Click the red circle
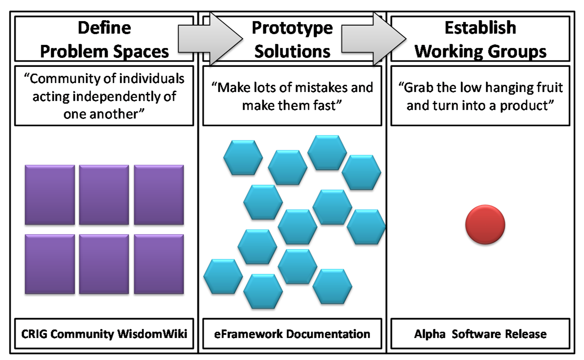click(x=485, y=224)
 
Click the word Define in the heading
click(x=104, y=28)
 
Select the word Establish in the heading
click(x=480, y=27)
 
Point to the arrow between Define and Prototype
click(x=210, y=39)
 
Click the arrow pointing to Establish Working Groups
click(x=374, y=39)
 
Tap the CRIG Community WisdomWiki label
click(x=104, y=334)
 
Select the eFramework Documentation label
click(x=292, y=334)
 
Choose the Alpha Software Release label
click(x=480, y=334)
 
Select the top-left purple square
click(x=50, y=195)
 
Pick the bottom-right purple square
click(x=159, y=264)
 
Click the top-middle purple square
click(x=104, y=195)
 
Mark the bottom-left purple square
click(x=50, y=264)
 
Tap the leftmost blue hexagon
click(x=223, y=277)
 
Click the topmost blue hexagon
click(x=327, y=153)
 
